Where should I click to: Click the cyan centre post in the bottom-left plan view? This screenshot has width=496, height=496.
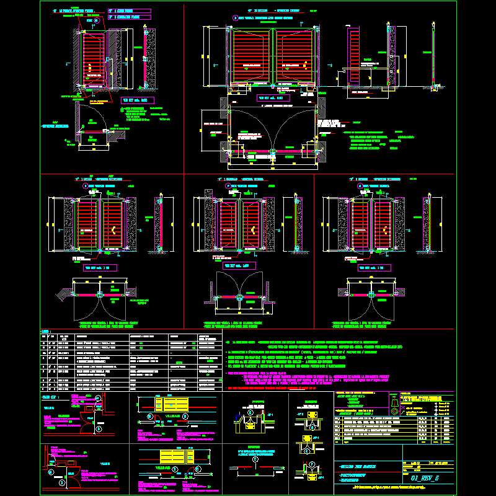99,292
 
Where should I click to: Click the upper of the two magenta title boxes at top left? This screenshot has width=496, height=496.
128,11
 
